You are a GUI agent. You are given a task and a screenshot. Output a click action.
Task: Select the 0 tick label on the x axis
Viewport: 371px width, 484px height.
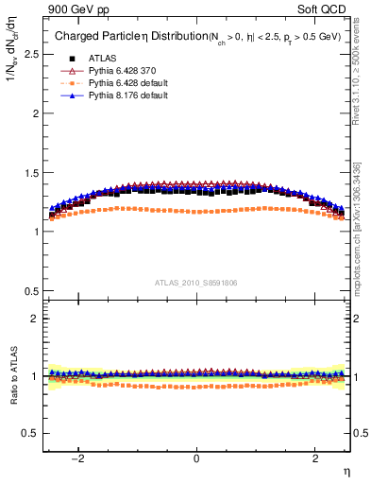[196, 458]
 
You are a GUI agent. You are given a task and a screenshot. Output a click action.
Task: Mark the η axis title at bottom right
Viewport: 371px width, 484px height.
[346, 472]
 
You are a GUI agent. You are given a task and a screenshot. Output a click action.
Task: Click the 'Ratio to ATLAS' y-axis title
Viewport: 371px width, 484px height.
[10, 379]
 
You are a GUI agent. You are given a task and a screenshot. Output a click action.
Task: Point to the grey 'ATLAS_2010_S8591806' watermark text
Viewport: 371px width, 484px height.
[195, 282]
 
